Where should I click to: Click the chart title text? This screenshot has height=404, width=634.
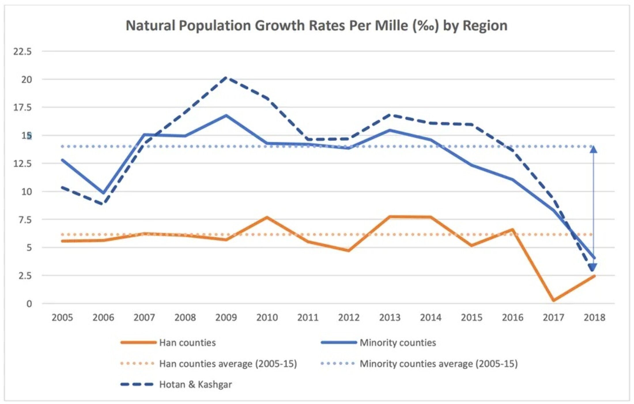(316, 26)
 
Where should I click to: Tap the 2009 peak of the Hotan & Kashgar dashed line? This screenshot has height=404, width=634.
(226, 78)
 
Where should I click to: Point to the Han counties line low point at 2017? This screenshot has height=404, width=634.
(553, 300)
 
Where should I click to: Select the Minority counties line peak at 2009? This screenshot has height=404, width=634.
(226, 116)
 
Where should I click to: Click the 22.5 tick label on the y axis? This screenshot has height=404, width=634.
(22, 52)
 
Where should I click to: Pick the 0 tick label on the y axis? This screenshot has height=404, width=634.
(29, 304)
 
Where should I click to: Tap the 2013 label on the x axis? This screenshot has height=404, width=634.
(390, 317)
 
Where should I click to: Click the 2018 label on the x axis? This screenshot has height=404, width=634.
(594, 317)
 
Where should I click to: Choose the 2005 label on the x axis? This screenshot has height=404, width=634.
(62, 317)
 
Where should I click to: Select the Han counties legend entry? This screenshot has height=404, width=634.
(187, 343)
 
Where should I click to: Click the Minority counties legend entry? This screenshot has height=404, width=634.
(398, 343)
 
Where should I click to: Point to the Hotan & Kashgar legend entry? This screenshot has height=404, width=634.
(195, 384)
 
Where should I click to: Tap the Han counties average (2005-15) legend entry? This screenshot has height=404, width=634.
(228, 364)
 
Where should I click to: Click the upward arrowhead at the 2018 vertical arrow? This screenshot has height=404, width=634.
(593, 149)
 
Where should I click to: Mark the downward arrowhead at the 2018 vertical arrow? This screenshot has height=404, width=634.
(593, 267)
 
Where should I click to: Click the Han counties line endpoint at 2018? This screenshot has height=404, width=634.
(594, 276)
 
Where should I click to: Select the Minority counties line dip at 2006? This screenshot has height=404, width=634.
(103, 193)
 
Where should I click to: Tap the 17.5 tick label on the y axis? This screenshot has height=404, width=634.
(22, 108)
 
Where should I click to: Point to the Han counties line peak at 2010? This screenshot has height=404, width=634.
(267, 217)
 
